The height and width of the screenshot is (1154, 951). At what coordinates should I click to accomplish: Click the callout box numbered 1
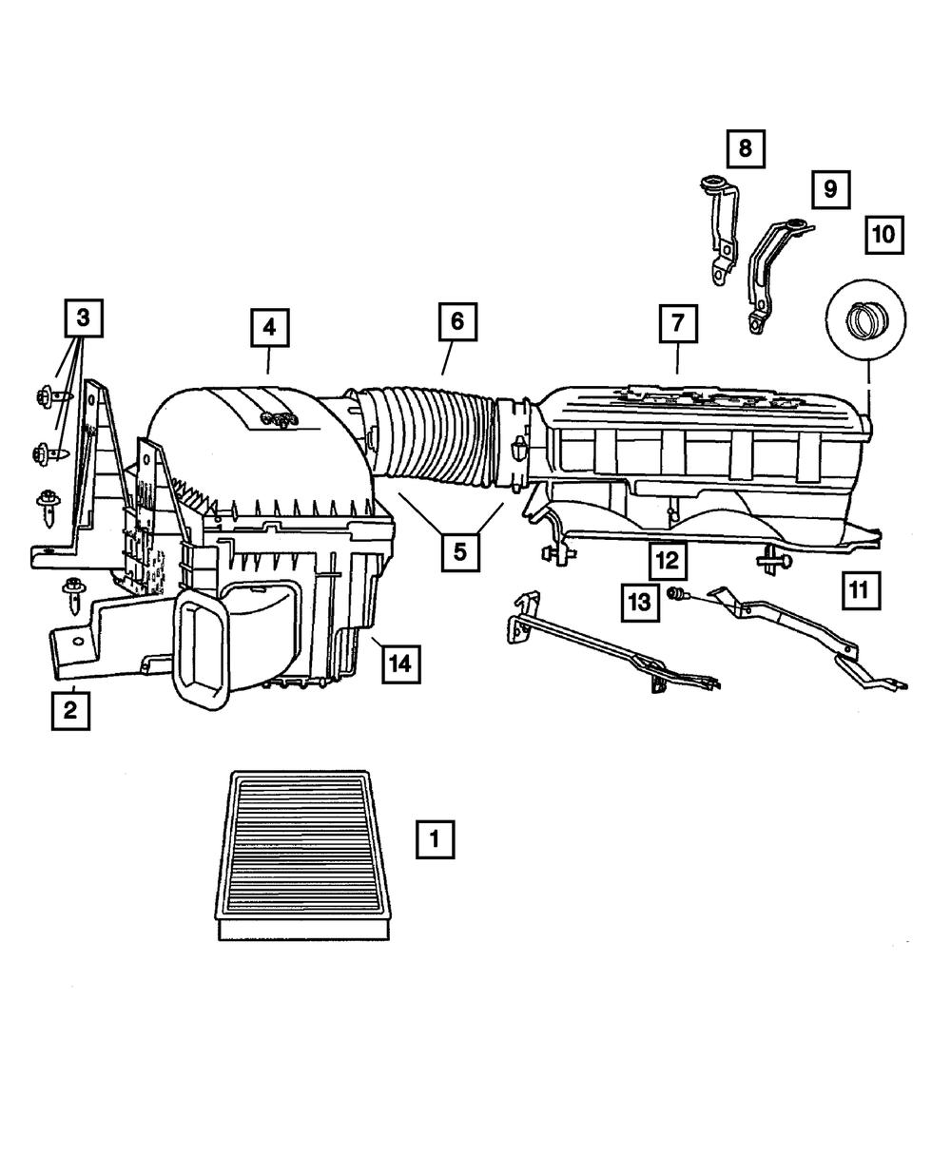point(435,840)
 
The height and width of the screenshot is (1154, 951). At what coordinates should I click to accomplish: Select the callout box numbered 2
point(70,709)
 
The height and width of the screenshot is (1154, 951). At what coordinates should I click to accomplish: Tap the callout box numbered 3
point(84,318)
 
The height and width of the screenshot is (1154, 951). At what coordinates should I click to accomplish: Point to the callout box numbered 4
point(269,328)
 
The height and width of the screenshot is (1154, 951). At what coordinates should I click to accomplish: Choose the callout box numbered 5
point(459,551)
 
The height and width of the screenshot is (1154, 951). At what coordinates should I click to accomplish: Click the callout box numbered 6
point(457,321)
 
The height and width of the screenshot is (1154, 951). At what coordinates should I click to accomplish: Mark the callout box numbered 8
point(745,148)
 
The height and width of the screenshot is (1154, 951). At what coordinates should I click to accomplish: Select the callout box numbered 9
point(830,189)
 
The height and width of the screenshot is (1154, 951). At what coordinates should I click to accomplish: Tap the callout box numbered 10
point(883,233)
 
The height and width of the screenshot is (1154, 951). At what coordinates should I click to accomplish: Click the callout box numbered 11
point(859,590)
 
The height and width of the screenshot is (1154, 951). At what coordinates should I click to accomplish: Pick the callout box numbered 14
point(400,664)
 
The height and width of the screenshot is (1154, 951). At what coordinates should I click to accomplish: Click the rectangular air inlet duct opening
point(202,654)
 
